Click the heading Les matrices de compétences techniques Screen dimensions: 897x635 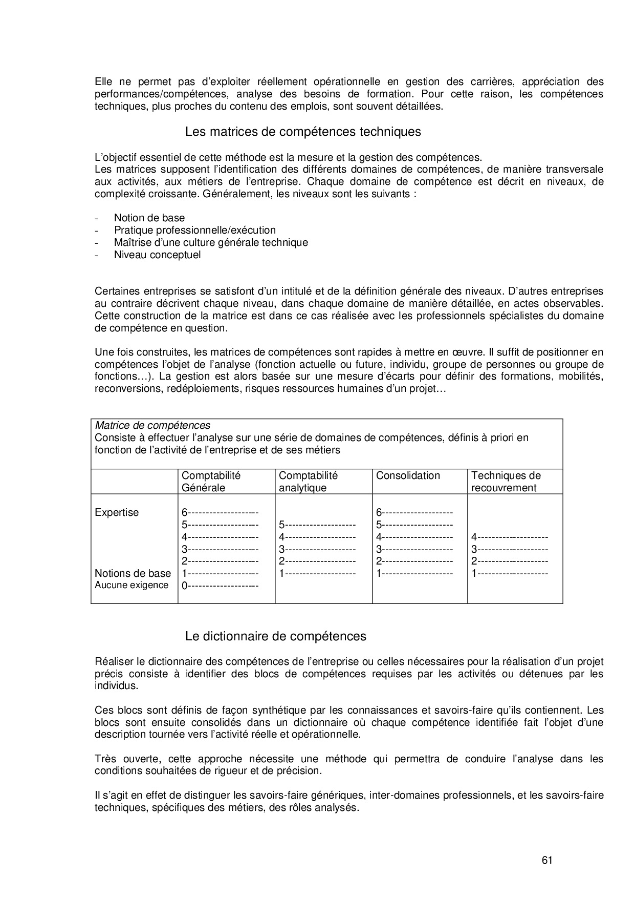pyautogui.click(x=303, y=132)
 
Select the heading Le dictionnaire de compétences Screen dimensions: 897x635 pyautogui.click(x=276, y=636)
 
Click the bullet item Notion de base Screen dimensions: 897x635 pyautogui.click(x=149, y=218)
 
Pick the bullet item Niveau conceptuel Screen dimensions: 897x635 pyautogui.click(x=157, y=255)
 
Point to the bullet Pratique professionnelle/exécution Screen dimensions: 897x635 pyautogui.click(x=194, y=230)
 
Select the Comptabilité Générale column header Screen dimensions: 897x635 pyautogui.click(x=211, y=482)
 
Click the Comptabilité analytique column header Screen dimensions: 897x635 pyautogui.click(x=308, y=482)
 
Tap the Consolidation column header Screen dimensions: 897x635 pyautogui.click(x=408, y=476)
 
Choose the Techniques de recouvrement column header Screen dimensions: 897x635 pyautogui.click(x=506, y=482)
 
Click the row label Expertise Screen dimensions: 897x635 pyautogui.click(x=117, y=513)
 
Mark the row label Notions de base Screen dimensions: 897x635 pyautogui.click(x=133, y=573)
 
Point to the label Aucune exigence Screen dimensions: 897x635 pyautogui.click(x=132, y=585)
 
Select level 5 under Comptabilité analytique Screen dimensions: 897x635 pyautogui.click(x=317, y=525)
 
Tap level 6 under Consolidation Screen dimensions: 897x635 pyautogui.click(x=414, y=513)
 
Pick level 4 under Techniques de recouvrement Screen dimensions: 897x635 pyautogui.click(x=510, y=537)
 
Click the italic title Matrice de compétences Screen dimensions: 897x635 pyautogui.click(x=152, y=426)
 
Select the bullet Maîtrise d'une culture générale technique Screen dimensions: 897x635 pyautogui.click(x=211, y=242)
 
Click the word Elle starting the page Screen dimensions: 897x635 pyautogui.click(x=103, y=82)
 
